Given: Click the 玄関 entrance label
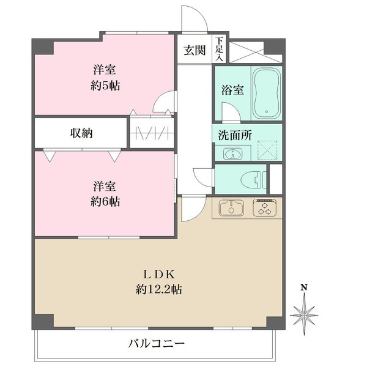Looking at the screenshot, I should pyautogui.click(x=195, y=51).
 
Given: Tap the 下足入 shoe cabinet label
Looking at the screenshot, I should pyautogui.click(x=218, y=49).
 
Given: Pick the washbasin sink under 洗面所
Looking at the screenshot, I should pyautogui.click(x=233, y=153).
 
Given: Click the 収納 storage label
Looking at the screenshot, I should pyautogui.click(x=81, y=133).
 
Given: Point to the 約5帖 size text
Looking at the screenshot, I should pyautogui.click(x=105, y=85).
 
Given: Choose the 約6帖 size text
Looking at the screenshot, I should pyautogui.click(x=105, y=201).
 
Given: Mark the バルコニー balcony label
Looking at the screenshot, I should pyautogui.click(x=157, y=343).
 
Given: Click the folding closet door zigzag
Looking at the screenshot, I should pyautogui.click(x=152, y=132).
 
